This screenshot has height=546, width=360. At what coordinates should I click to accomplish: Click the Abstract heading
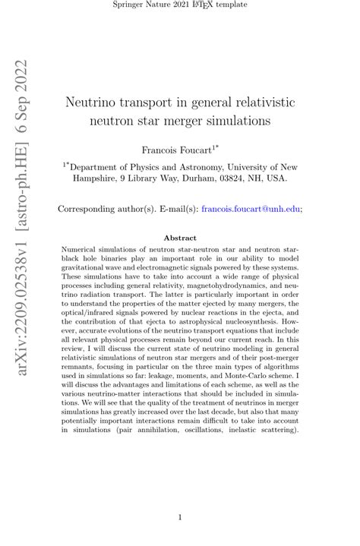coord(180,238)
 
